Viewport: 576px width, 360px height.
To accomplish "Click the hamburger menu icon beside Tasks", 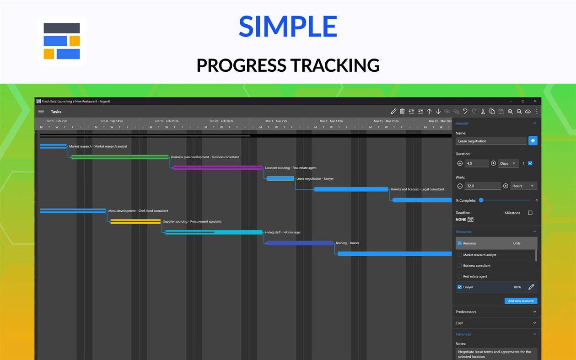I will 41,112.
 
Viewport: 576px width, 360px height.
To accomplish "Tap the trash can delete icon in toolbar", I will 402,112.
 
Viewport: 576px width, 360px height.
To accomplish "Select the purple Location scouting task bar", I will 218,168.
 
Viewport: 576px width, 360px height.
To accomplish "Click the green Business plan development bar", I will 120,157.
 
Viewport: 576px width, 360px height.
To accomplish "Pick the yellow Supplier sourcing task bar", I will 135,221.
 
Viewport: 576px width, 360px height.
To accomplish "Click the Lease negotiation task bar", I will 280,178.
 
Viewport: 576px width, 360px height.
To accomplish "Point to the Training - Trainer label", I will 347,243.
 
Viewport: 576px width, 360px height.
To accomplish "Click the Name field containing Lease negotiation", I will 490,141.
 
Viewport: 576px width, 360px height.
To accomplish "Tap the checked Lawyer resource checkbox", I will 460,287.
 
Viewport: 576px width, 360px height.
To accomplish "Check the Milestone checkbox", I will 530,213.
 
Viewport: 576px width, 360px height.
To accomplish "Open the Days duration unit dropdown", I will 508,163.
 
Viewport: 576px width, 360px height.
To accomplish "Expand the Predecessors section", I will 496,312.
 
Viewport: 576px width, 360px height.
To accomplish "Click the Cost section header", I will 496,323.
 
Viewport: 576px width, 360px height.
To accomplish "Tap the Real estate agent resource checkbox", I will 460,276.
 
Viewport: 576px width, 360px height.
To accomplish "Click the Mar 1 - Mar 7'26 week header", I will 276,121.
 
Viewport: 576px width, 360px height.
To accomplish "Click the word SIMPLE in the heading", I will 288,27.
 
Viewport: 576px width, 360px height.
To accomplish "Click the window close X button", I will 535,101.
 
